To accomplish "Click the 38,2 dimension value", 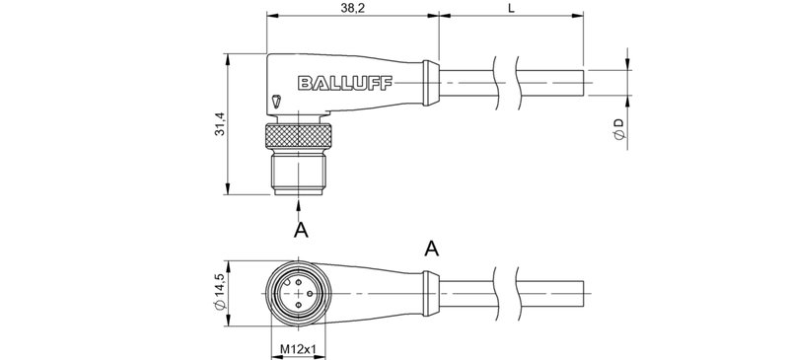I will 352,8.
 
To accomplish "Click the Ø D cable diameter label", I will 618,129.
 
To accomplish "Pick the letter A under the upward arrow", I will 302,230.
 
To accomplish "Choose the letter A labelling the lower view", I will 431,249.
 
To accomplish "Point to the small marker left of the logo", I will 276,100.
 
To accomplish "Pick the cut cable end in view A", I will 586,289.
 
